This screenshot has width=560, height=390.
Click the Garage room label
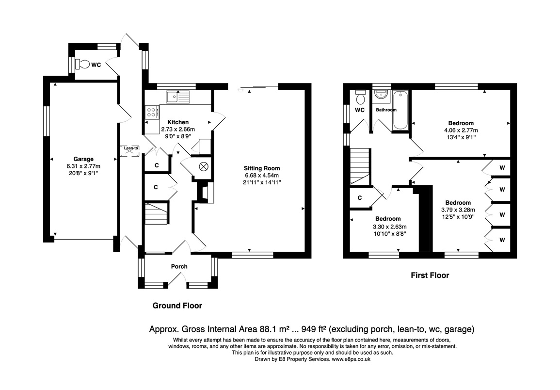[x=83, y=159]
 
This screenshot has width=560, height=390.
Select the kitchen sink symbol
[x=178, y=97]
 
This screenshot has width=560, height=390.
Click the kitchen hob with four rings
[x=151, y=112]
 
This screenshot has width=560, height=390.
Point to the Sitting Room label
[x=262, y=168]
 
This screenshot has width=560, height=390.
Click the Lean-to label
[x=131, y=148]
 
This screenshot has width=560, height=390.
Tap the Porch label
[x=179, y=266]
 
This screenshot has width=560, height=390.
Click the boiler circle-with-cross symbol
[x=204, y=166]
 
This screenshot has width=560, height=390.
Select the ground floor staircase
[x=157, y=213]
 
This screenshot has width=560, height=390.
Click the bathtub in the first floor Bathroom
[x=400, y=111]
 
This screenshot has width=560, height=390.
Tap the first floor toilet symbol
[x=360, y=96]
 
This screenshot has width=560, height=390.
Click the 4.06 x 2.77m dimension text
[x=461, y=130]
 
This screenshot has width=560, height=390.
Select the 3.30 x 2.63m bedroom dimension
[x=389, y=227]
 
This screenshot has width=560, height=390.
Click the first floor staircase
[x=360, y=166]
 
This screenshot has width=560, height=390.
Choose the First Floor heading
[x=430, y=275]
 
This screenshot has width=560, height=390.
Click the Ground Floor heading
[x=177, y=306]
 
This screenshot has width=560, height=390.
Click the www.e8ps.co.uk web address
[x=351, y=359]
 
